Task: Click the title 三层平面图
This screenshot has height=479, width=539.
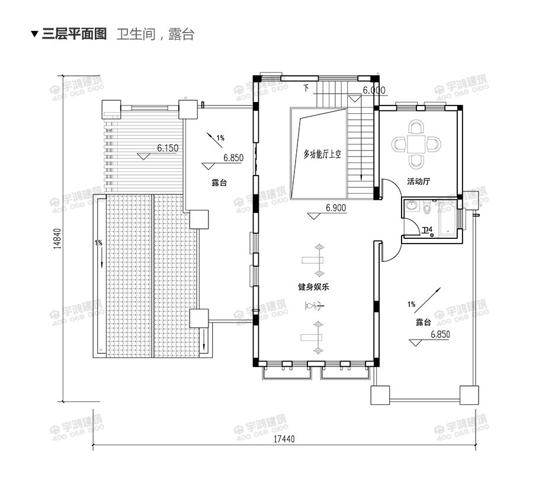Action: coord(74,34)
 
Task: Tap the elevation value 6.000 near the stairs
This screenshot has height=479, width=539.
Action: coord(374,91)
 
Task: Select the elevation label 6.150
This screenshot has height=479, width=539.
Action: coord(168,148)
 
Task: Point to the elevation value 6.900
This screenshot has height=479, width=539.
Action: coord(336,207)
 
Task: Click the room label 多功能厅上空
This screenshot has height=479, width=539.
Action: coord(323,154)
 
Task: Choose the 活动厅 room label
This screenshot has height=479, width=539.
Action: coord(418,181)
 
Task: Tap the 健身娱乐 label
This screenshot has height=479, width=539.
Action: coord(313,287)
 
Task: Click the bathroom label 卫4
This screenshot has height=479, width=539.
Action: coord(427,230)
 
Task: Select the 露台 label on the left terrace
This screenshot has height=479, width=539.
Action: coord(219,183)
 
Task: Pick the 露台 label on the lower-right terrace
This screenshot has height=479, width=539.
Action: coord(423,322)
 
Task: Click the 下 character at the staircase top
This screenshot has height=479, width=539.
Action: coord(306,89)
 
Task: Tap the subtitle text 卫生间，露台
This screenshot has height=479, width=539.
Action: coord(156,34)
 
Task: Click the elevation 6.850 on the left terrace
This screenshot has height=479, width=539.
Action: coord(233,158)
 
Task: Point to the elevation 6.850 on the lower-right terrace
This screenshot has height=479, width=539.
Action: coord(440,334)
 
